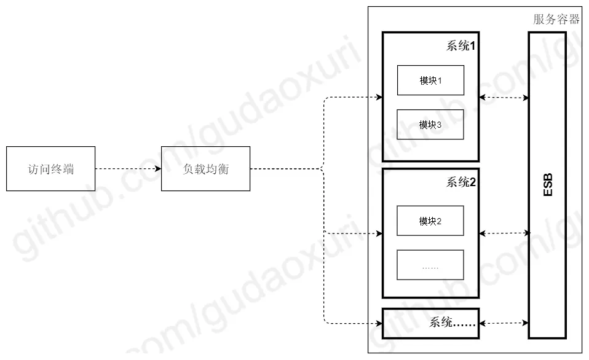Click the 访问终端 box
51,168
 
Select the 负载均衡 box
205,168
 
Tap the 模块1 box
430,80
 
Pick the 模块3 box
430,125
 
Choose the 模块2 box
430,221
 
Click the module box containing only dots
430,265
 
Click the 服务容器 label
556,19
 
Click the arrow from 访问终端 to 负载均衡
128,168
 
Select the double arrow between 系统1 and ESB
504,97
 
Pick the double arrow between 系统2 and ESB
504,233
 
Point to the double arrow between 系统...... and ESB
504,323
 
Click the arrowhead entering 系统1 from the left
379,97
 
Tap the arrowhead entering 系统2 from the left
379,233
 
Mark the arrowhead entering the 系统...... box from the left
379,323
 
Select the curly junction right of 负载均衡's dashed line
323,168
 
